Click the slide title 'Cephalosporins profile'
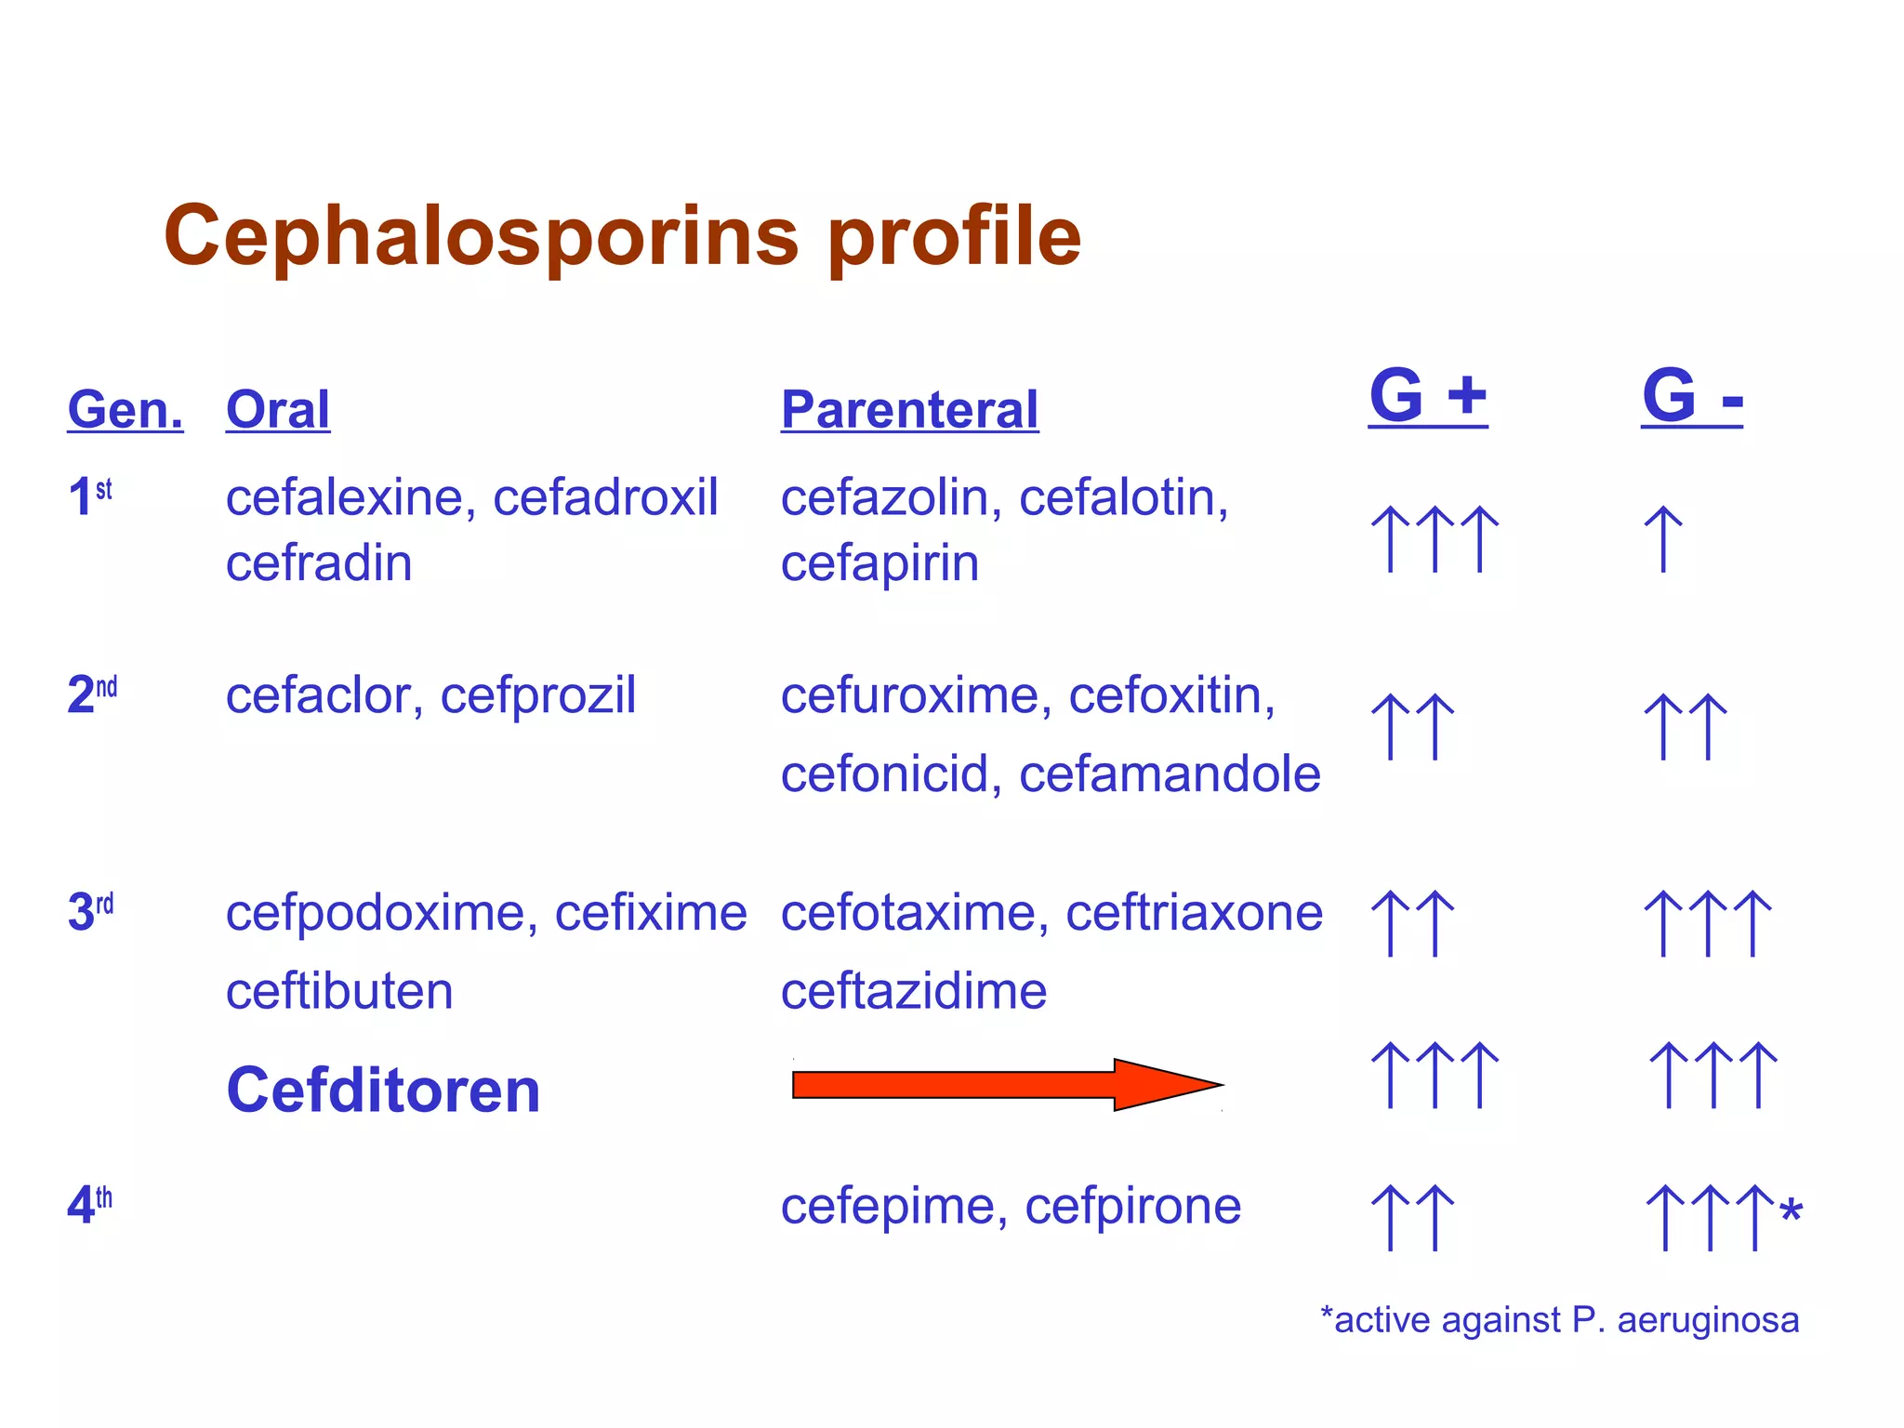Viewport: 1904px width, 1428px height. tap(622, 236)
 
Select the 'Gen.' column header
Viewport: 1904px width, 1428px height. tap(126, 410)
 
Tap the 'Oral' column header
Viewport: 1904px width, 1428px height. tap(278, 410)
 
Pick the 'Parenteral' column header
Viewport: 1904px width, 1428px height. tap(909, 410)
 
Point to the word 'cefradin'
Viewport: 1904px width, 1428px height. tap(319, 563)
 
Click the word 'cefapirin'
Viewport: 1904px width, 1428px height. tap(879, 563)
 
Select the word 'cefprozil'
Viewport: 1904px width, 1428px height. tap(538, 695)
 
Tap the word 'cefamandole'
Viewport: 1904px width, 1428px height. tap(1170, 774)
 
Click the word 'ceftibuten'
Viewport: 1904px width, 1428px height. tap(339, 991)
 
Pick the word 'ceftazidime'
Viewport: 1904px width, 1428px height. tap(914, 991)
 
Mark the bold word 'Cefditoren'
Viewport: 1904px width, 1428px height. tap(383, 1091)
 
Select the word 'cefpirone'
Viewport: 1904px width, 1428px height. tap(1132, 1206)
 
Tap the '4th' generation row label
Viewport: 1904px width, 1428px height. tap(90, 1205)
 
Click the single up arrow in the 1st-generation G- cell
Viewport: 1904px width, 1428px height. tap(1663, 539)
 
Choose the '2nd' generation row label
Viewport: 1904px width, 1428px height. tap(92, 694)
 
